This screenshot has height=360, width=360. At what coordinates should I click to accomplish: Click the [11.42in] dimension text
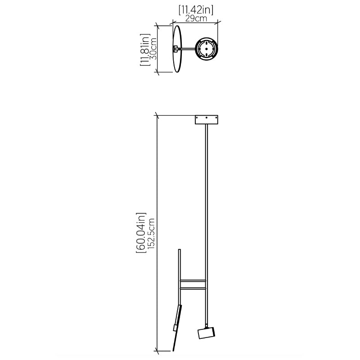coord(196,10)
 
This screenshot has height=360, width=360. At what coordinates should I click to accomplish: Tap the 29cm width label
coord(196,18)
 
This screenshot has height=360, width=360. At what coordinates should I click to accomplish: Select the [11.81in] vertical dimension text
coord(145,49)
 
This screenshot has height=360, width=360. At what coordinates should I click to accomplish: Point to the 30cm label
coord(153,49)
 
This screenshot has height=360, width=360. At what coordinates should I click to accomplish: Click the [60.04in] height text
coord(141,233)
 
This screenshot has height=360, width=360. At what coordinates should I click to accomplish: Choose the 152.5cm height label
coord(151,234)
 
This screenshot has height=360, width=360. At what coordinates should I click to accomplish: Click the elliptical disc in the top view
coord(177,49)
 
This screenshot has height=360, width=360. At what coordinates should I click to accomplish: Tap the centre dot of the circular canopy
coord(207,49)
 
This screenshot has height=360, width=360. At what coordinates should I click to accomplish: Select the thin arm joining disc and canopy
coord(187,49)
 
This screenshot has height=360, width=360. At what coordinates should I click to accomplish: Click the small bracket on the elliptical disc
coord(175,49)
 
